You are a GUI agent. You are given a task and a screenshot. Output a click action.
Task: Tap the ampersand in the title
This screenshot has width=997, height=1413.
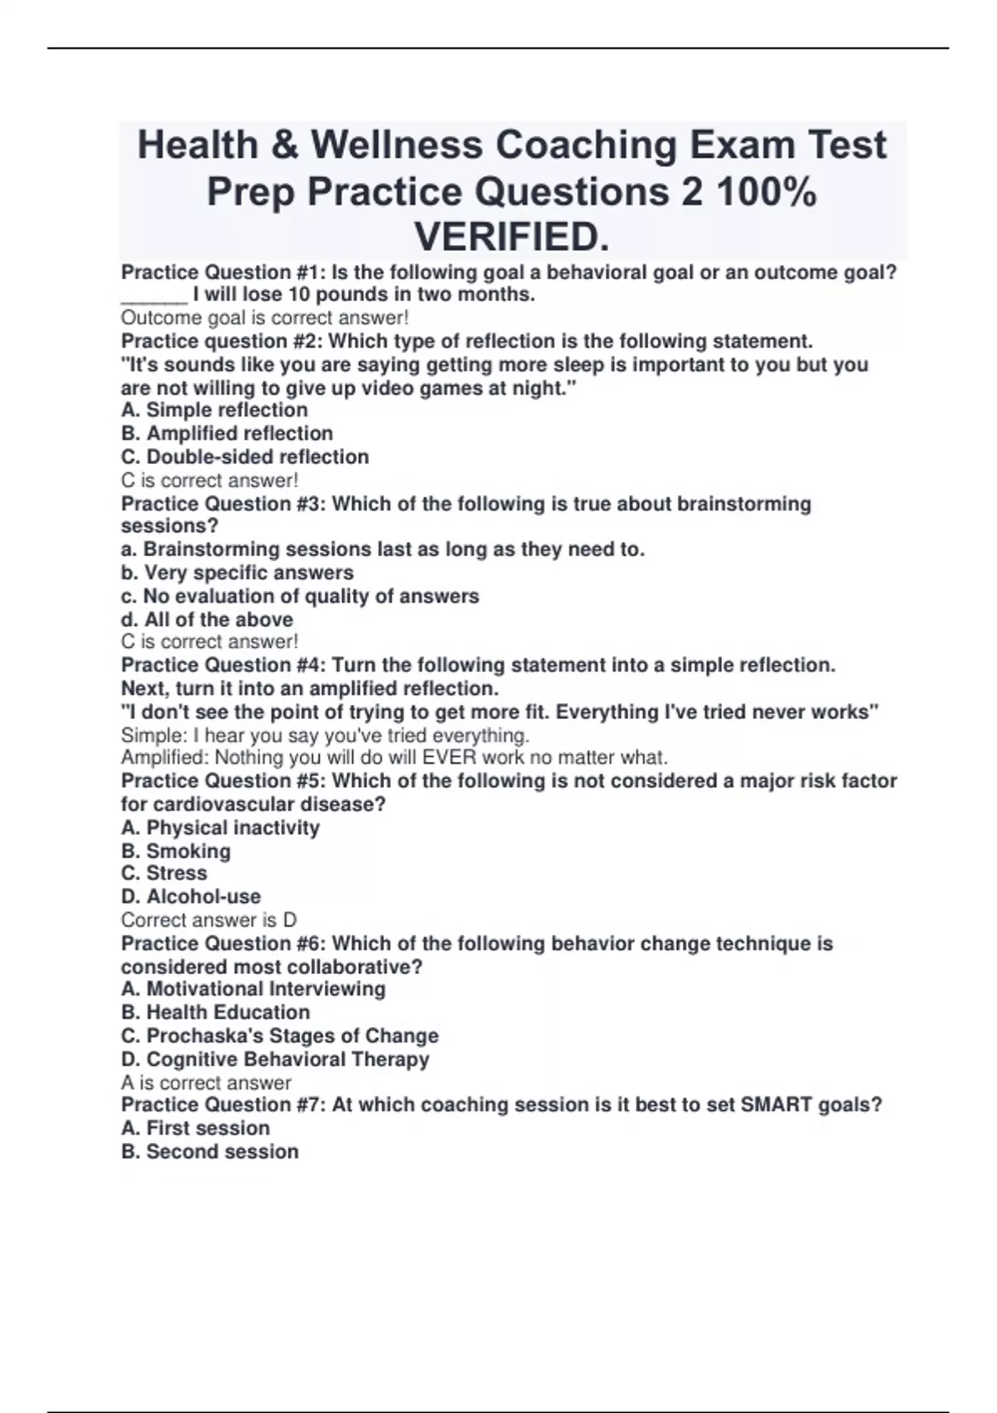[284, 145]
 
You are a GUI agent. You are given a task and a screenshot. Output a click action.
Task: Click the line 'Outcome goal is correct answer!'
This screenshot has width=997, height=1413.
[264, 318]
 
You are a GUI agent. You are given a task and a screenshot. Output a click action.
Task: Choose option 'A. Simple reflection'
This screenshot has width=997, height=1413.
[214, 410]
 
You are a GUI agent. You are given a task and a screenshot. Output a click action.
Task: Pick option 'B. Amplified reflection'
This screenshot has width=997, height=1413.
[227, 433]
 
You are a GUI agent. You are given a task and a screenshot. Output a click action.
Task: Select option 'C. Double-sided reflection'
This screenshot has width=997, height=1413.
[245, 456]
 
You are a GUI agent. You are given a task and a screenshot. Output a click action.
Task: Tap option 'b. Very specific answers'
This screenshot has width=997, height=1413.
[237, 573]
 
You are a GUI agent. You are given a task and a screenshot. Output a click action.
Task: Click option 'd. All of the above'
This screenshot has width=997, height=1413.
[207, 619]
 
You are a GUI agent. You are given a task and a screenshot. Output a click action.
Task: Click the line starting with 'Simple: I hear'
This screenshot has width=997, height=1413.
[325, 736]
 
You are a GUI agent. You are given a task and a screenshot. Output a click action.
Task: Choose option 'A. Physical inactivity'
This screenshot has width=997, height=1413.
[220, 828]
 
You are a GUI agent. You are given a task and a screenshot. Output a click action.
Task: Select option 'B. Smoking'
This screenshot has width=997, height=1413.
[176, 851]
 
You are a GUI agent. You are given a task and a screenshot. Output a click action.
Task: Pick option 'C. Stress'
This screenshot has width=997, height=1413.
[165, 873]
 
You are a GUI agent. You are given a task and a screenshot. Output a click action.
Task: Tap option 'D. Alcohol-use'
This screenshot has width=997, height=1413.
[191, 896]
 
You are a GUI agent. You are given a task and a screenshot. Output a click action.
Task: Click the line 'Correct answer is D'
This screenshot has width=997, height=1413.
[209, 920]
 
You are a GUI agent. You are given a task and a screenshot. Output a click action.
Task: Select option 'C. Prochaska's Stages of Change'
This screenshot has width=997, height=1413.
[280, 1036]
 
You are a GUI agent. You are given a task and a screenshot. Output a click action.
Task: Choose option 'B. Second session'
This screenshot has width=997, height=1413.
[210, 1151]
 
